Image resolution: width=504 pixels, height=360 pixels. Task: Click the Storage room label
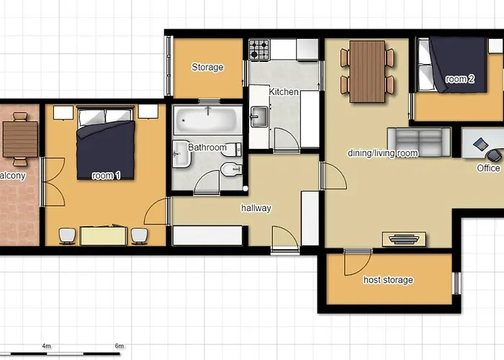point(207,67)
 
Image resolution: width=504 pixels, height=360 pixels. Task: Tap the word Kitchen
point(284,92)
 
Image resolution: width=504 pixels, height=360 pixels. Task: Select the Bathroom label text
point(207,148)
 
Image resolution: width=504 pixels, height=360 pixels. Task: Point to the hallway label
point(256,208)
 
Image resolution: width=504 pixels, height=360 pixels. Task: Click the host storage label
point(388,279)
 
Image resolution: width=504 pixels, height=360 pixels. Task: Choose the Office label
point(488,168)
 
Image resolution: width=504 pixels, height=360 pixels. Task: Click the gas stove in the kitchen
point(259,50)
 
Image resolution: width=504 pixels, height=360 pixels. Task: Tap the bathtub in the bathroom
point(207,120)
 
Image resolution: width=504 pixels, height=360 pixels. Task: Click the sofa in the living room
point(419,142)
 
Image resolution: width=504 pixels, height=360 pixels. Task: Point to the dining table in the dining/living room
point(367,71)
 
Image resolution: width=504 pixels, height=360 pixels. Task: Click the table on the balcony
point(20,139)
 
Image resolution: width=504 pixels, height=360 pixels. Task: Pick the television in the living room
point(404,239)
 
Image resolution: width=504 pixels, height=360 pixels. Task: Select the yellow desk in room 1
point(103,235)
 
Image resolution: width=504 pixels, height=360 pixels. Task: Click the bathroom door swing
point(207,182)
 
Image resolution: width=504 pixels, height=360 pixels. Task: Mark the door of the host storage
point(357,263)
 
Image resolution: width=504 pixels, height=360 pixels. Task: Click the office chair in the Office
point(495,156)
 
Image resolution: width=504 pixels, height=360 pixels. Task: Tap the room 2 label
point(459,78)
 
